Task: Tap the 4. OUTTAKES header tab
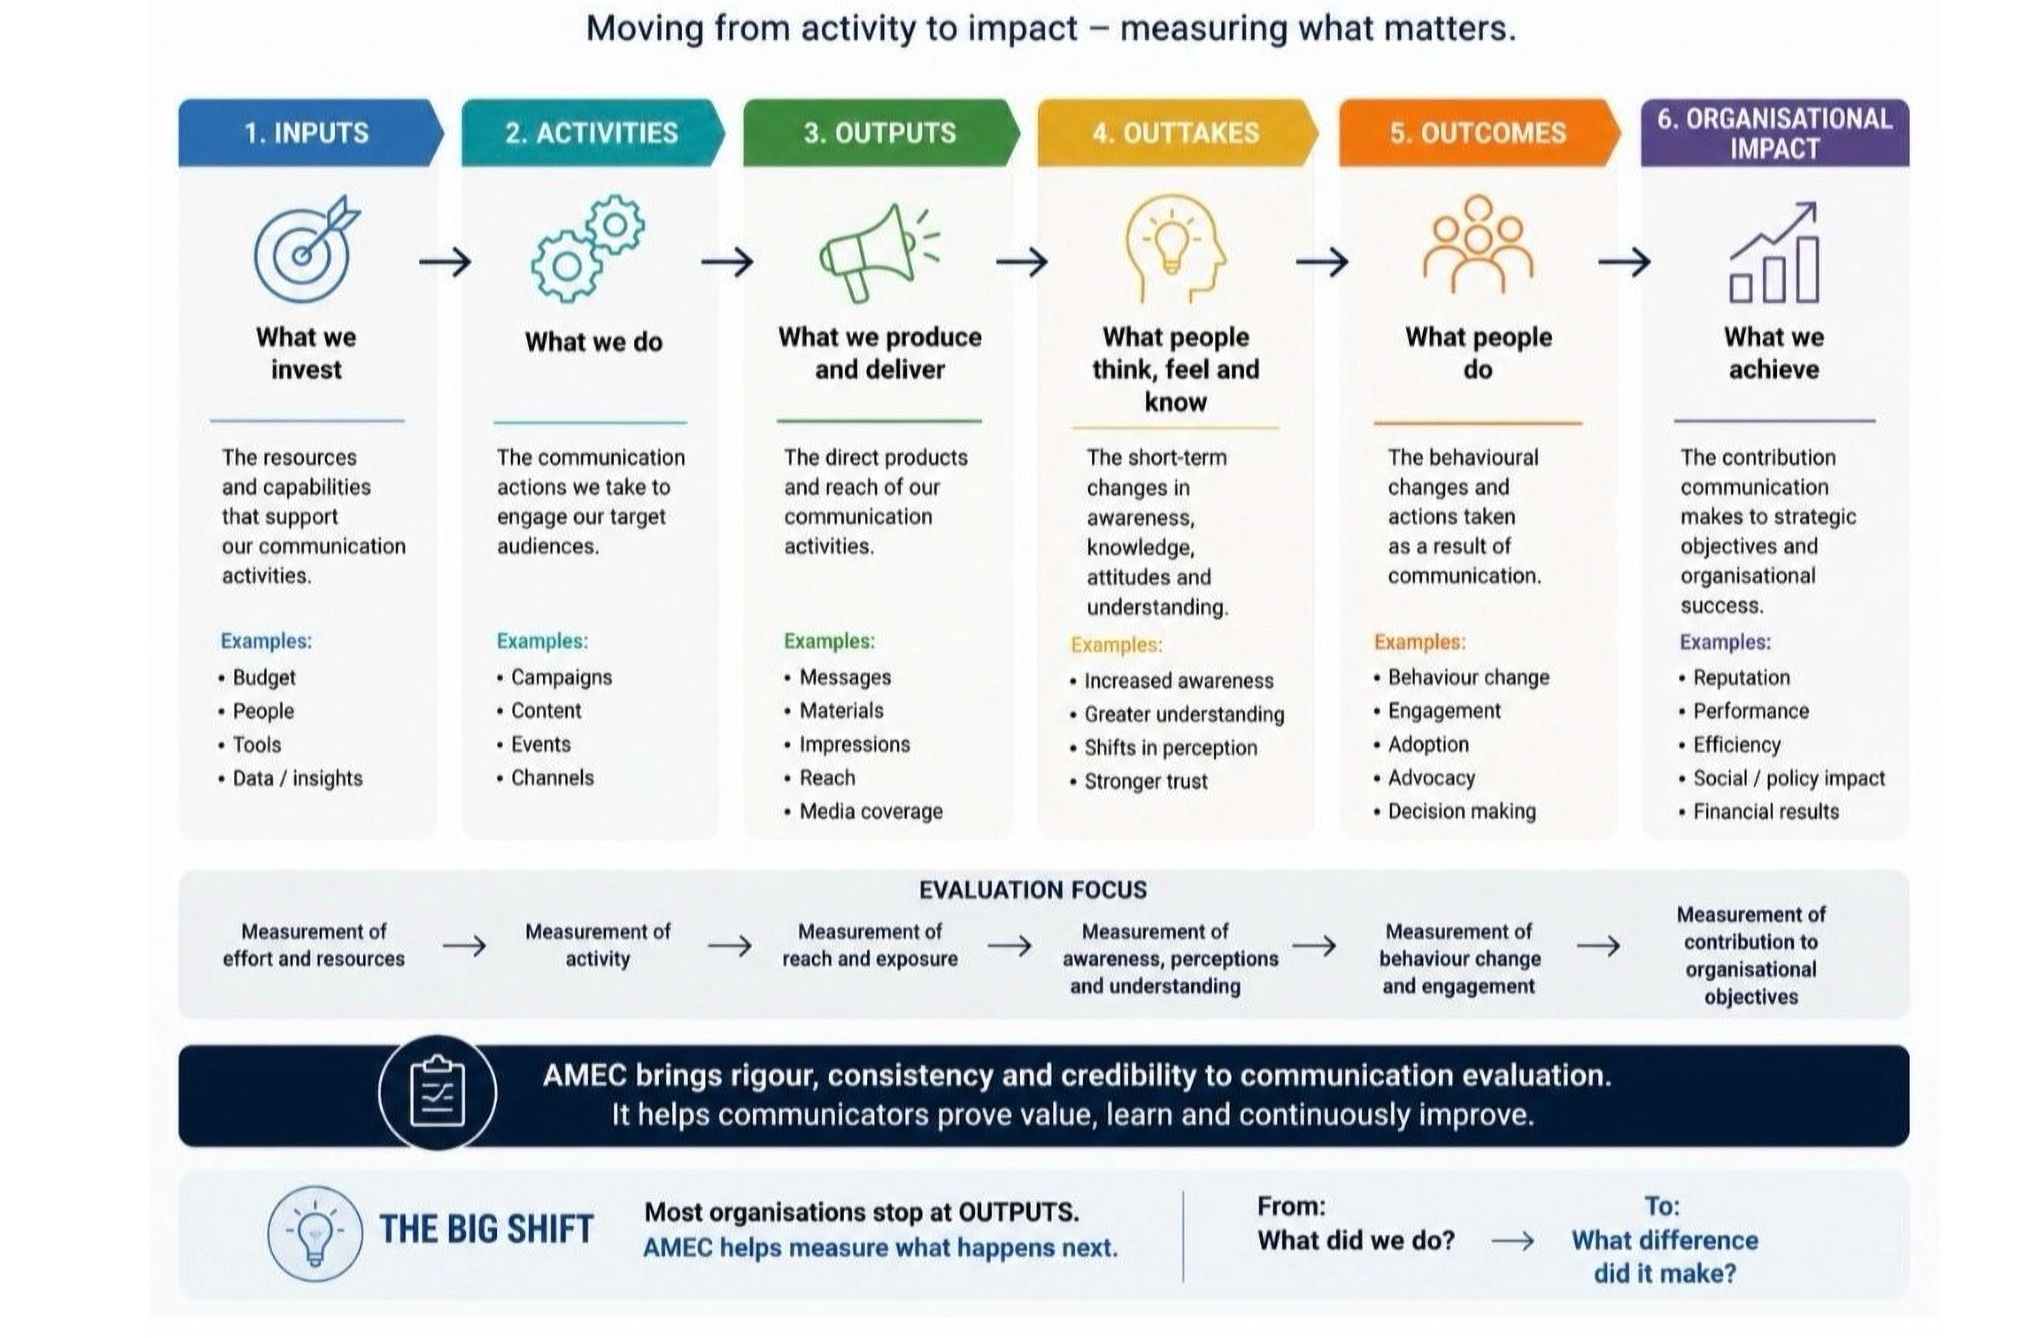[x=1177, y=132]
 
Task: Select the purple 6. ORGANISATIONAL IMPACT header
[x=1775, y=132]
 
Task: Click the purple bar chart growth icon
[x=1774, y=252]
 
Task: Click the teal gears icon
[x=588, y=248]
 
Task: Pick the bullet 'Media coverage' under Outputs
[x=863, y=811]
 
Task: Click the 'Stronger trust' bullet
[x=1139, y=781]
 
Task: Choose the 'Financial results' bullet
[x=1759, y=811]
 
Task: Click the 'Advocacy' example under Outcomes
[x=1425, y=778]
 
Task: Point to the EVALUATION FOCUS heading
[x=1032, y=890]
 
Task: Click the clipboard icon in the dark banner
[x=437, y=1093]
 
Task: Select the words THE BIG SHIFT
[x=486, y=1229]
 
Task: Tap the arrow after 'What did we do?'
[x=1512, y=1241]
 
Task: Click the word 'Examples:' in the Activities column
[x=543, y=641]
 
